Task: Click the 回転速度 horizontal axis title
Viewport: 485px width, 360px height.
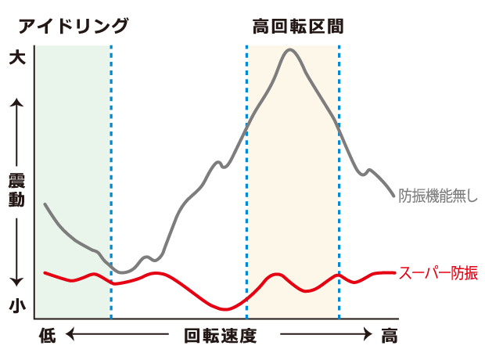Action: (x=220, y=337)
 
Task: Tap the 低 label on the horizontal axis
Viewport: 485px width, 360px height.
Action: (x=48, y=337)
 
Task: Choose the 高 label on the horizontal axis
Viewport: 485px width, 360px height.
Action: (x=389, y=337)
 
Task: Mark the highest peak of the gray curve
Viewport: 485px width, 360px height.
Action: (x=291, y=50)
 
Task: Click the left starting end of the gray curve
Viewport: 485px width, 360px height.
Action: (x=45, y=204)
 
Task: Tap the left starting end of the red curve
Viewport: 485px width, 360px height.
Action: (x=45, y=272)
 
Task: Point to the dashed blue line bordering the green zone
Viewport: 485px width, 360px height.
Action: (x=111, y=180)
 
